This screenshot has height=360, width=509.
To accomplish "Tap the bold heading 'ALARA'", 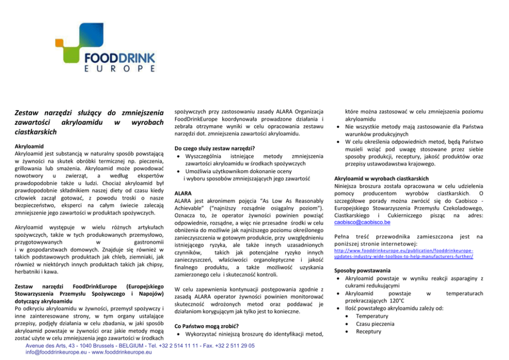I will click(183, 193).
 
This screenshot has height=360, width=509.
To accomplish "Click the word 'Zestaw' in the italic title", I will click(28, 112).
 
